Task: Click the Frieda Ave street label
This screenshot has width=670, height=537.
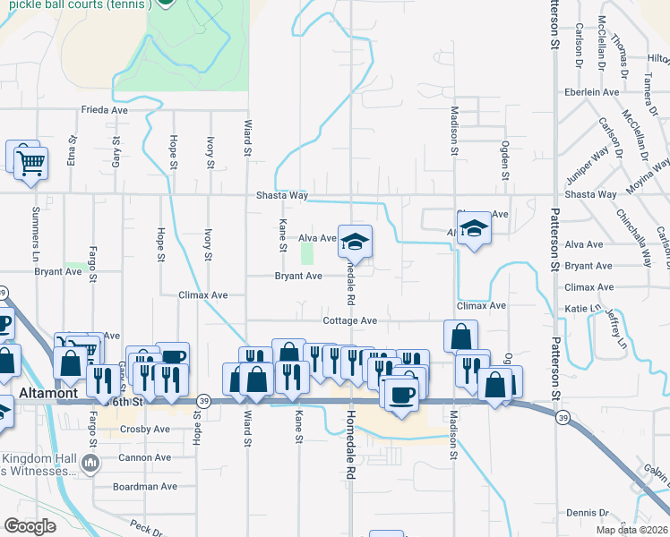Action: pos(105,110)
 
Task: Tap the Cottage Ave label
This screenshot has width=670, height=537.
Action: pos(350,320)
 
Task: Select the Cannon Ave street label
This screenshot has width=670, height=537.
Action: pos(145,457)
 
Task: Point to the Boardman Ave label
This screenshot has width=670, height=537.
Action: pos(145,487)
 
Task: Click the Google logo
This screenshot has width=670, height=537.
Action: pos(29,526)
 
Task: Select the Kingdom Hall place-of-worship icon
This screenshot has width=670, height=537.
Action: pos(90,463)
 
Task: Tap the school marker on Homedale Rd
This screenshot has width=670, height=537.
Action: pos(355,242)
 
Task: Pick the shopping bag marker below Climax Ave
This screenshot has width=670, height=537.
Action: pos(460,337)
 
